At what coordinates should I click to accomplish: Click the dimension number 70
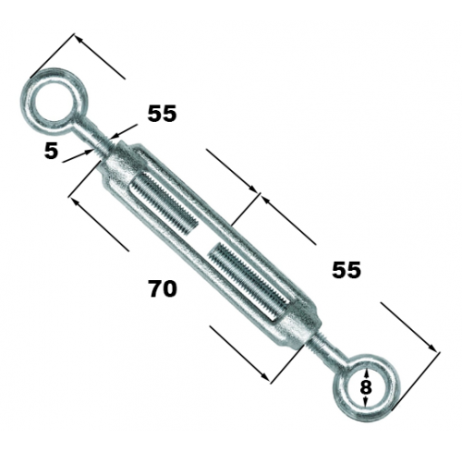coord(163,288)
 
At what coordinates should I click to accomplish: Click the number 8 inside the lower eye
coord(366,387)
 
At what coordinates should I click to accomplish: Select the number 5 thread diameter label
coord(51,152)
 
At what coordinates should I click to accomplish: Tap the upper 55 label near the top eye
coord(162,114)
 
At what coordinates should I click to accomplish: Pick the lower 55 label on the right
coord(346,270)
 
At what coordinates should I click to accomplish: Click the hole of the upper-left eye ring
coord(55,101)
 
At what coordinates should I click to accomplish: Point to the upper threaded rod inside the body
coord(164,203)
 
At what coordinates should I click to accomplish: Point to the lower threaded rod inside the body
coord(249,280)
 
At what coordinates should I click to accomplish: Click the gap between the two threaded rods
coord(204,238)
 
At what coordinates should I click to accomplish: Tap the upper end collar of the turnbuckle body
coord(122,164)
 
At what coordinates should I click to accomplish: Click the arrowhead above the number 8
coord(366,374)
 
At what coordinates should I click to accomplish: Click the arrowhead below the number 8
coord(366,400)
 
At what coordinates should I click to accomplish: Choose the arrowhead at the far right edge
coord(432,348)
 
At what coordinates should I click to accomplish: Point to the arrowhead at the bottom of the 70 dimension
coord(265,376)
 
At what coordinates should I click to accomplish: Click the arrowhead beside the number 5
coord(89,152)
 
